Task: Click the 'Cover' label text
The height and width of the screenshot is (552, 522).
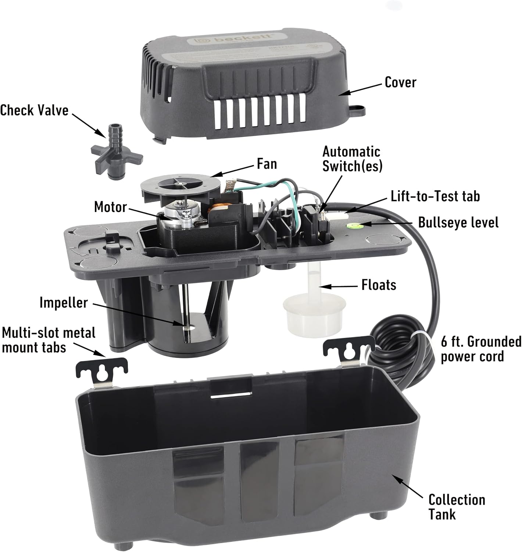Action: coord(400,82)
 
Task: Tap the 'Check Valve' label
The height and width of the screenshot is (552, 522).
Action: coord(34,110)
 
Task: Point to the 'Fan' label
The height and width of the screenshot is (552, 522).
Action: coord(267,164)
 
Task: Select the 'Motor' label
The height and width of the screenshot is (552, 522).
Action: coord(110,207)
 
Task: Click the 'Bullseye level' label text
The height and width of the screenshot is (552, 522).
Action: coord(458,223)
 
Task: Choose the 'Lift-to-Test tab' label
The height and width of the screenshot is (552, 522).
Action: coord(435,196)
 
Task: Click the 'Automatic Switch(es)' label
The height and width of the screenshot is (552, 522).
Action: coord(352,159)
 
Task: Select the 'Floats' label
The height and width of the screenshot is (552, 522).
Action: coord(379,285)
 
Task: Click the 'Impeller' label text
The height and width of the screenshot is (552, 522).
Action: coord(64,302)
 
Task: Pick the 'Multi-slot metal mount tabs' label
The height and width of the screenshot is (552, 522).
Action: coord(49,340)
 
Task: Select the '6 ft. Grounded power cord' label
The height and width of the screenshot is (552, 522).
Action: coord(481,349)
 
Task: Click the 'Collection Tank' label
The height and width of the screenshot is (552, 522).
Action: coord(457,507)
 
